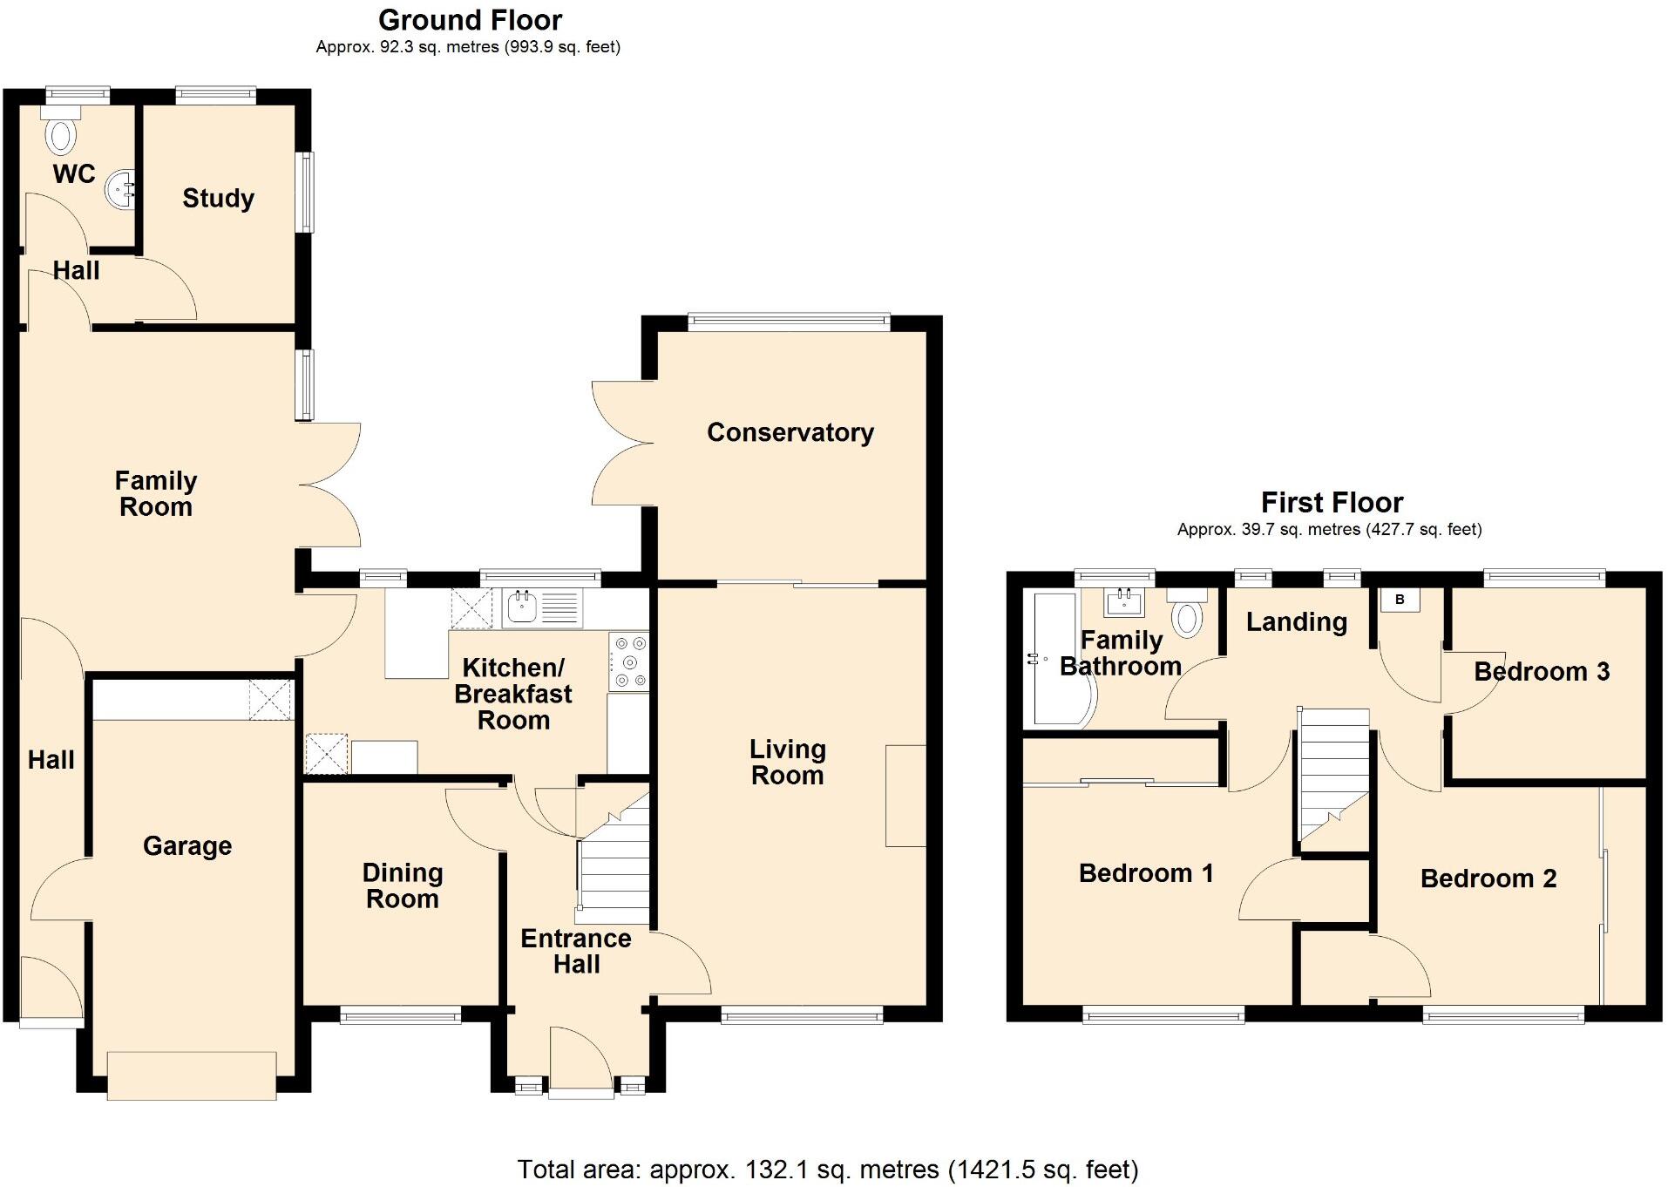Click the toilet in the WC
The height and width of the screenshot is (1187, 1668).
(61, 134)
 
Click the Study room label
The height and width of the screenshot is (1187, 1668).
(218, 199)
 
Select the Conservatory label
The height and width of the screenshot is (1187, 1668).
(790, 432)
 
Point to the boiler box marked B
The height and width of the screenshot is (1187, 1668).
(1400, 600)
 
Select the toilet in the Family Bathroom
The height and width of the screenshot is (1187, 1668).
(1187, 614)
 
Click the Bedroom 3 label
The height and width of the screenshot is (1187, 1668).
(1541, 671)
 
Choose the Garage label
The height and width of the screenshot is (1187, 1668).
(187, 845)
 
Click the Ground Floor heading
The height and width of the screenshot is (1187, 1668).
(470, 20)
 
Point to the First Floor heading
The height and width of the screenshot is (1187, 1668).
(1331, 502)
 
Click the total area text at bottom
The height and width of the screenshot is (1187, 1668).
(827, 1169)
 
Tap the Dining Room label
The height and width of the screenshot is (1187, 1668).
(403, 885)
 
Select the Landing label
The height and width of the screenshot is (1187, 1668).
(1296, 621)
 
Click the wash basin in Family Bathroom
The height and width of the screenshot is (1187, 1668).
(1123, 601)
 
